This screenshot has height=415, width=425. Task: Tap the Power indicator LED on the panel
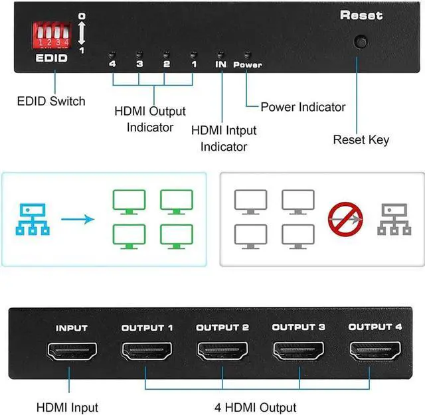point(247,54)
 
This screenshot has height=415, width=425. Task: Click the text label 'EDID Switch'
point(51,102)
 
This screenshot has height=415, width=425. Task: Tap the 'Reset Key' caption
point(361,140)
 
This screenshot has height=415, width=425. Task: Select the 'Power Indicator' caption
point(303,107)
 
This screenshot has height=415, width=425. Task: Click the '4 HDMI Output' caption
point(256,407)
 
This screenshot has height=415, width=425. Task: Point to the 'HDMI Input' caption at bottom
point(68,407)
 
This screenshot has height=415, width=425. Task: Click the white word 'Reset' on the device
point(361,15)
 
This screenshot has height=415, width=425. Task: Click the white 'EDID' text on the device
point(51,58)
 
